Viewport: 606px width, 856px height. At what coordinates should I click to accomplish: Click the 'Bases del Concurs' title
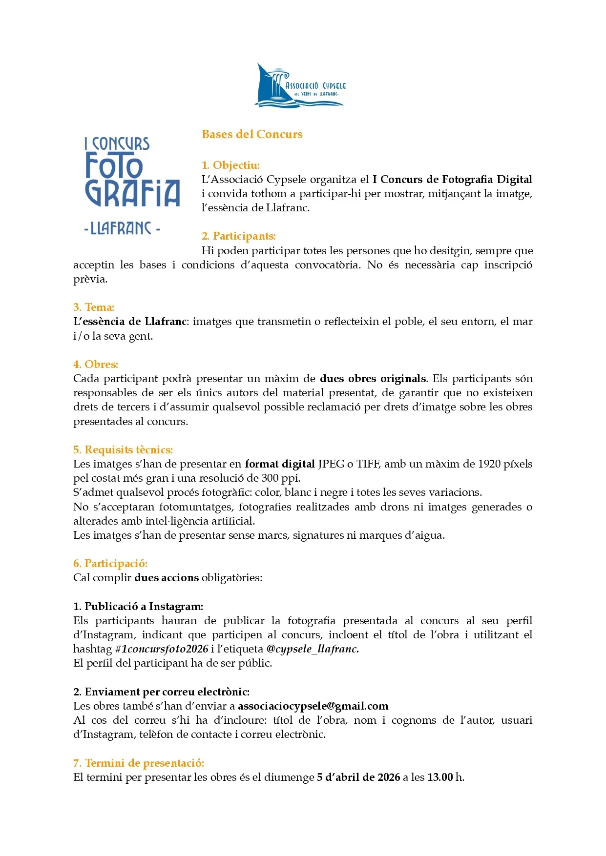[252, 134]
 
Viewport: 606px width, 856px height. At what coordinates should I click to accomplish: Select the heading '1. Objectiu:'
[230, 165]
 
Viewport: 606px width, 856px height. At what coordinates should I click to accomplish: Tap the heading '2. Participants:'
[239, 236]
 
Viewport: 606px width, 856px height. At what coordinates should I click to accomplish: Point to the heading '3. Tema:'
[94, 307]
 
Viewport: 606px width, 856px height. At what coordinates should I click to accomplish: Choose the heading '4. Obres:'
[96, 365]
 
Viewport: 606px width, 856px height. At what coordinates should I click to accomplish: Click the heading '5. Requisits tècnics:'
[123, 450]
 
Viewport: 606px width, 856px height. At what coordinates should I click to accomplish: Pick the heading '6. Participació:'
[110, 564]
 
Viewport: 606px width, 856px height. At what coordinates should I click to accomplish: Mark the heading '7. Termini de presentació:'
[139, 763]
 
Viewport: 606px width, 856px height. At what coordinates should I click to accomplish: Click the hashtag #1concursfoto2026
[162, 649]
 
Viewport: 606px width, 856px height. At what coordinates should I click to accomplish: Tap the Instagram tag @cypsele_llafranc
[313, 649]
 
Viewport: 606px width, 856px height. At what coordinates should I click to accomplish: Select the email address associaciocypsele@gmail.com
[313, 706]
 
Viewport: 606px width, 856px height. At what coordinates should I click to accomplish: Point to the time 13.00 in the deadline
[440, 777]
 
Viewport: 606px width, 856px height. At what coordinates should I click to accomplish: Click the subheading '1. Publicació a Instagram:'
[138, 607]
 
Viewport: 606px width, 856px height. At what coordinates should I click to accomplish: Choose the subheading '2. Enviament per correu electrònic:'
[161, 692]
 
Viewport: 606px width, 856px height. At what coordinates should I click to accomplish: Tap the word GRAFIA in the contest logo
[133, 193]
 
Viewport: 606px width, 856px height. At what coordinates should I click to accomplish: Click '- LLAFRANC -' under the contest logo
[122, 228]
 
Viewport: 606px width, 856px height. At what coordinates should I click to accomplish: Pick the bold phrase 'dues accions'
[167, 578]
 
